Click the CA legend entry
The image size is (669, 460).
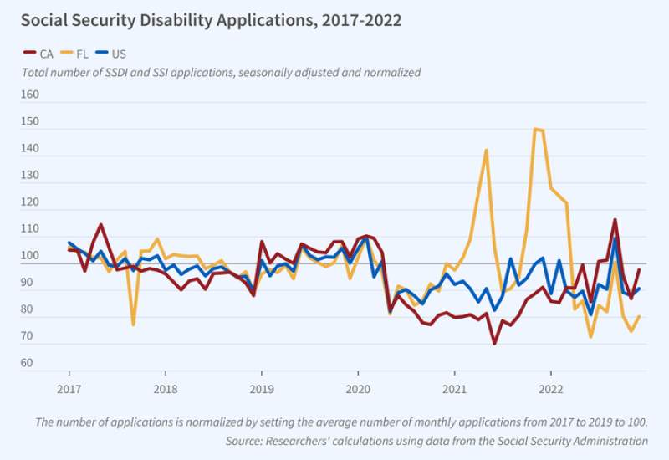click(x=42, y=54)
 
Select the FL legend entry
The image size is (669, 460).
click(x=79, y=54)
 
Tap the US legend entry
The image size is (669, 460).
click(x=118, y=54)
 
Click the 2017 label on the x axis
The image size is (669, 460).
click(x=69, y=389)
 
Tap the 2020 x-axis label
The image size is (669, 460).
click(x=358, y=389)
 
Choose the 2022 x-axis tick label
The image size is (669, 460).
click(x=550, y=389)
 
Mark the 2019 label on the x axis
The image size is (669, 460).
click(x=262, y=389)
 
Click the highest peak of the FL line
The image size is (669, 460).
click(x=535, y=129)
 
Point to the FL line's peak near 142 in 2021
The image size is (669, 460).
click(x=486, y=151)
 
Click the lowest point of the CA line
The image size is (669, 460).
click(x=494, y=343)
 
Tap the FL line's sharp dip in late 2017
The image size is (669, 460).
click(x=133, y=324)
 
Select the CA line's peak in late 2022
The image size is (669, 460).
click(x=615, y=220)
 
